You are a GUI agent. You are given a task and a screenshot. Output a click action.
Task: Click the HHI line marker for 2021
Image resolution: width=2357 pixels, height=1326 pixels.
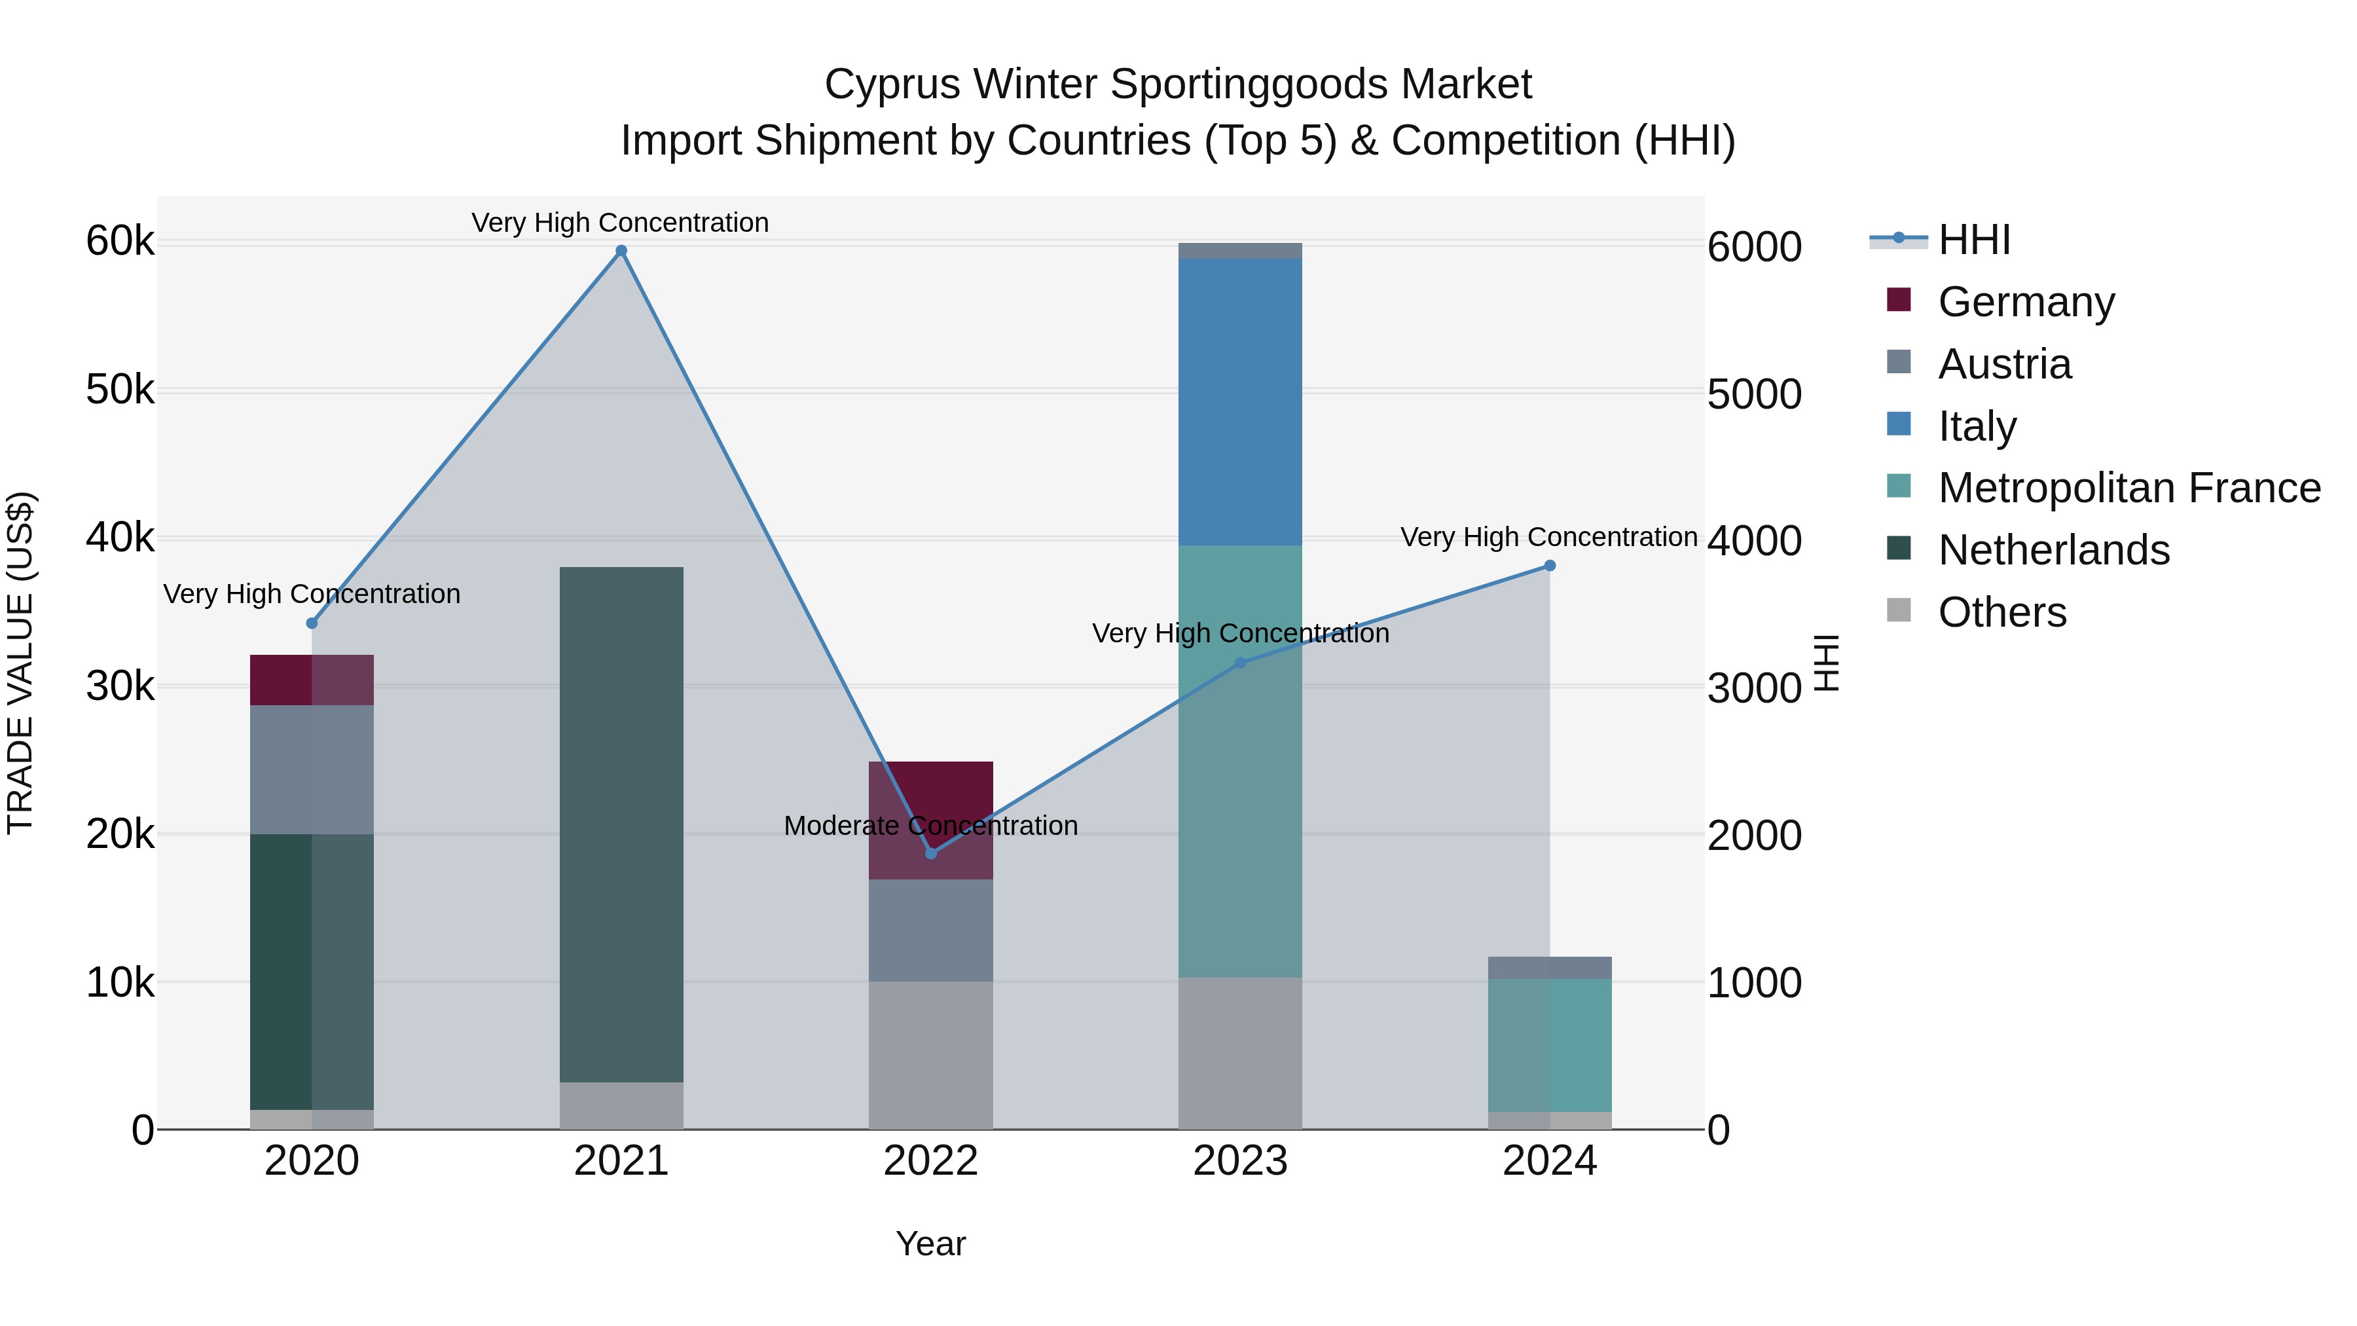pyautogui.click(x=621, y=251)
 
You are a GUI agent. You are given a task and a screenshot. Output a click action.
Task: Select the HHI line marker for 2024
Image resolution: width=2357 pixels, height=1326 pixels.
pyautogui.click(x=1549, y=566)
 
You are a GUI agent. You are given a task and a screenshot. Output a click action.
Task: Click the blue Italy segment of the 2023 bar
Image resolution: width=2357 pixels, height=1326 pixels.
pyautogui.click(x=1240, y=403)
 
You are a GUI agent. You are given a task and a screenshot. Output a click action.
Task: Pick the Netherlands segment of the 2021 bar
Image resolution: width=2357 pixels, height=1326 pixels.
pyautogui.click(x=621, y=824)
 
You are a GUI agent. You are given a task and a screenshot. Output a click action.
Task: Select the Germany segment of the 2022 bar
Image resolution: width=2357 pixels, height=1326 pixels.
pyautogui.click(x=930, y=805)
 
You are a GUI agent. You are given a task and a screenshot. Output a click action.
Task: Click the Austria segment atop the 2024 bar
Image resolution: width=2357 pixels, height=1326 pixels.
pyautogui.click(x=1549, y=967)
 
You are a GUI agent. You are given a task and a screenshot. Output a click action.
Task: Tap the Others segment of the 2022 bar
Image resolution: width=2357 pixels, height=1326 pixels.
pyautogui.click(x=930, y=1055)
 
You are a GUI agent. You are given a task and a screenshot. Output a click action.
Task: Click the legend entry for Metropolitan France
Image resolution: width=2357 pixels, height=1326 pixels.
pyautogui.click(x=2129, y=488)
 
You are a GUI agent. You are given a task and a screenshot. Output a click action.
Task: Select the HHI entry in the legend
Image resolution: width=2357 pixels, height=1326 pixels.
pyautogui.click(x=1973, y=240)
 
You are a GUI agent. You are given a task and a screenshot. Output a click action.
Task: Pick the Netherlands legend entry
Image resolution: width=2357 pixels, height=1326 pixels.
pyautogui.click(x=2053, y=550)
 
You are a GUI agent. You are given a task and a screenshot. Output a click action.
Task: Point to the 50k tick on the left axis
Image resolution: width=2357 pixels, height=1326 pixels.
pyautogui.click(x=120, y=391)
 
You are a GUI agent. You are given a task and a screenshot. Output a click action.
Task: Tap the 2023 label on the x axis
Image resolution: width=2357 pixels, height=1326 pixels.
pyautogui.click(x=1240, y=1161)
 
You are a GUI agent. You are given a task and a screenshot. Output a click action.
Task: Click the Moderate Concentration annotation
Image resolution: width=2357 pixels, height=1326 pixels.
pyautogui.click(x=930, y=826)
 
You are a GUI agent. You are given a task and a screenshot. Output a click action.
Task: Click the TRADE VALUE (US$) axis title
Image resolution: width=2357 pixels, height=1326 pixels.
pyautogui.click(x=21, y=663)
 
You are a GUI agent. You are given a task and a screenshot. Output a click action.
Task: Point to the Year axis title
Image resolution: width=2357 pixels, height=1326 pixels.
pyautogui.click(x=930, y=1243)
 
